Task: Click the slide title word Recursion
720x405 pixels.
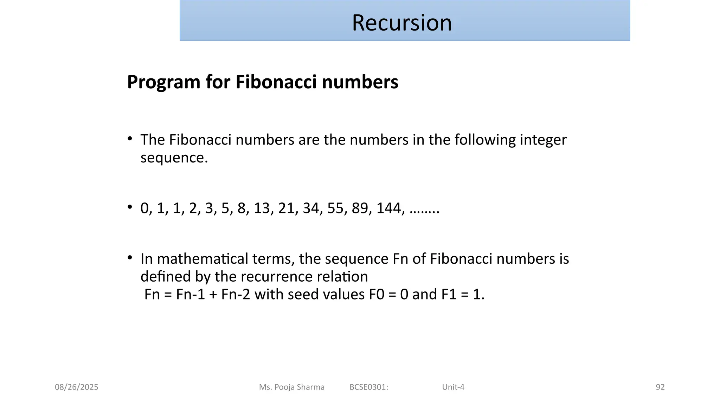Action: (x=402, y=23)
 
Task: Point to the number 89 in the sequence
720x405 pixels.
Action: (x=360, y=208)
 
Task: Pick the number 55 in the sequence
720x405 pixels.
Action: (x=335, y=208)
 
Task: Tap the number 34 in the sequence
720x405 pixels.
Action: (x=311, y=208)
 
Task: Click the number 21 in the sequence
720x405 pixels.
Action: (x=286, y=208)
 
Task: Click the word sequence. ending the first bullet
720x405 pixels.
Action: (x=174, y=158)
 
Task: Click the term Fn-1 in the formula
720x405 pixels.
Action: (x=190, y=294)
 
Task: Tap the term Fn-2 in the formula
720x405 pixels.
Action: (x=236, y=294)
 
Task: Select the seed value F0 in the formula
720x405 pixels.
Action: (x=377, y=294)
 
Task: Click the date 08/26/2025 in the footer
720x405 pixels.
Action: (x=77, y=387)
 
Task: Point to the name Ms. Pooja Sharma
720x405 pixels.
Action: (x=292, y=387)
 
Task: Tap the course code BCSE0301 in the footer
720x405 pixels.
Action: (x=369, y=387)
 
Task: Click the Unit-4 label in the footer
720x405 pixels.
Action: (x=453, y=387)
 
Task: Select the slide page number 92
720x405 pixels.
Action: (x=660, y=387)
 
